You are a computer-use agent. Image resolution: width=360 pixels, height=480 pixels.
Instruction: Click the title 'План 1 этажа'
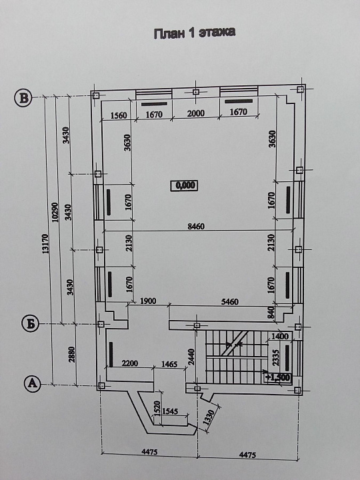195,33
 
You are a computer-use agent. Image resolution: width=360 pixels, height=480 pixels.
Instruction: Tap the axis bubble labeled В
23,98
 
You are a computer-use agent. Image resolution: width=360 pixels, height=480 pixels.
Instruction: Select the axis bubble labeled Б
30,324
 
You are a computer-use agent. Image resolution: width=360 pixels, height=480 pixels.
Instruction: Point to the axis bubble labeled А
33,383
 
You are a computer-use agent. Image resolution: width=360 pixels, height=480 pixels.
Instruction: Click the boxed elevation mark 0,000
184,185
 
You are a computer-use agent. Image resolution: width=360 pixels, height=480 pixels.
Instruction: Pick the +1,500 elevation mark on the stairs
277,377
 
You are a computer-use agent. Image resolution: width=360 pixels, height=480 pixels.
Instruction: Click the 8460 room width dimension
196,227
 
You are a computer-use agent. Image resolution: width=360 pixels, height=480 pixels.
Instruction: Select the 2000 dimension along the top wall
195,113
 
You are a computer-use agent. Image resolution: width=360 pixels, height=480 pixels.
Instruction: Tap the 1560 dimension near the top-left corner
119,115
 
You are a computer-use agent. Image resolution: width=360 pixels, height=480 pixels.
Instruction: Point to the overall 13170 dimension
45,244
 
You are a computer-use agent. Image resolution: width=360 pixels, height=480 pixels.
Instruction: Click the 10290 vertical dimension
55,212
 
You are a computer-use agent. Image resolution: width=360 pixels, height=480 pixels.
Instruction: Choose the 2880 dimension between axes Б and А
71,354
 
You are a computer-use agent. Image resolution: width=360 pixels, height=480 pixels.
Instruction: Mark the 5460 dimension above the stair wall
229,302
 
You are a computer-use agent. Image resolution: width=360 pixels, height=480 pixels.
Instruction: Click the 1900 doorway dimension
148,301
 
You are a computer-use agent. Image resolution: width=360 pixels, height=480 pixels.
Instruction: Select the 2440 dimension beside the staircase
191,357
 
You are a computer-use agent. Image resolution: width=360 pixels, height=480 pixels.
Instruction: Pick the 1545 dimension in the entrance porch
169,411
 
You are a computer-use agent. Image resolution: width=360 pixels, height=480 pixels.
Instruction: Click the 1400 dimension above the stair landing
280,337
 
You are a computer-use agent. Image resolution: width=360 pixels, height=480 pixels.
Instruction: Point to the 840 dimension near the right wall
271,313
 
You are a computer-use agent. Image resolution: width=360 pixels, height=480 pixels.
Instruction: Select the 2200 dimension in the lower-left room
130,363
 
